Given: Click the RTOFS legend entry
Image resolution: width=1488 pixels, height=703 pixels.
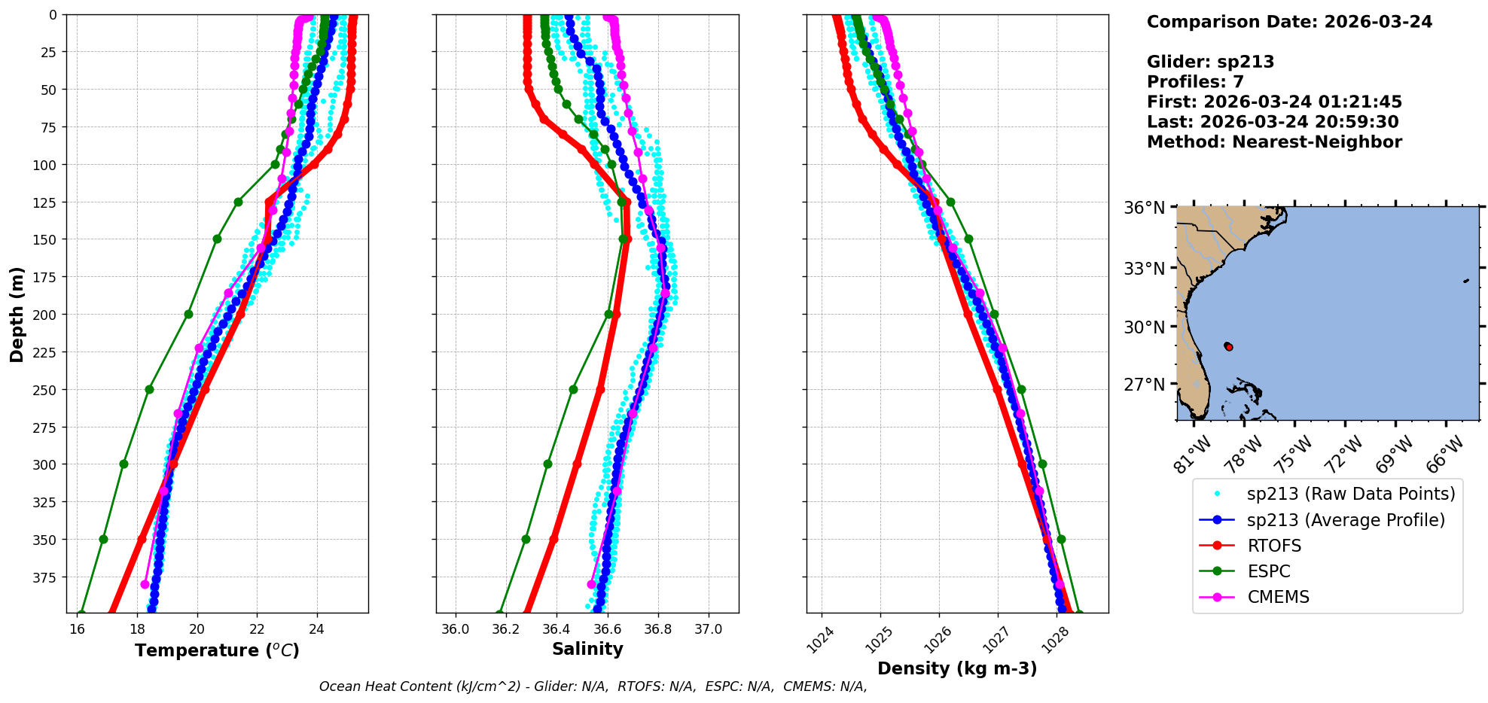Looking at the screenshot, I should point(1273,546).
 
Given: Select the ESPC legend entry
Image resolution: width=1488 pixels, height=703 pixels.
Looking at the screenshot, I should point(1268,571).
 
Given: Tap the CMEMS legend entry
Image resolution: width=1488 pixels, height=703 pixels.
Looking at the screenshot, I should point(1278,597).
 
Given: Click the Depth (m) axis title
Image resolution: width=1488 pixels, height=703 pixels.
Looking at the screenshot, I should point(17,314).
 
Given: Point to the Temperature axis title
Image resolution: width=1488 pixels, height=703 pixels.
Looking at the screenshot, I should point(217,650).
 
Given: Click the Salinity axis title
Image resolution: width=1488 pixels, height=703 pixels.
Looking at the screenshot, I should point(587,649).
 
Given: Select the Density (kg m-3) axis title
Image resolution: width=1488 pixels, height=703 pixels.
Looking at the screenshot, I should point(957,668).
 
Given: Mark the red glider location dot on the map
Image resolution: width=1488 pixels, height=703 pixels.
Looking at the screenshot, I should point(1229,346).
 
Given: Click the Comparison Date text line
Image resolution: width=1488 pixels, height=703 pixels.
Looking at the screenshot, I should point(1289,22).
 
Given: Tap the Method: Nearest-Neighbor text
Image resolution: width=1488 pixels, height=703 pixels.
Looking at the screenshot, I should point(1274,142).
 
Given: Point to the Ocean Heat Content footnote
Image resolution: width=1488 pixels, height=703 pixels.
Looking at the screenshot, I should point(593,686).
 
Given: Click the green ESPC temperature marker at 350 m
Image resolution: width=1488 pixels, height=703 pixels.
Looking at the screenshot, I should point(103,539).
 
